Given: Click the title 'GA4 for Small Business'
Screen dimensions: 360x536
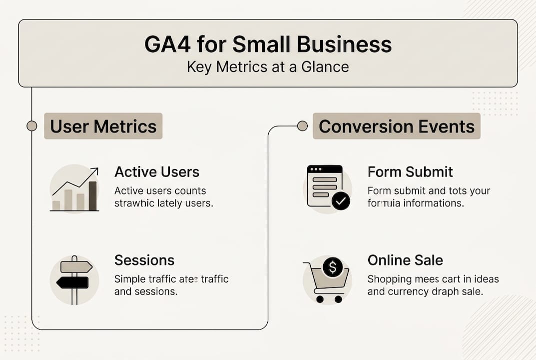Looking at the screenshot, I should pos(268,44).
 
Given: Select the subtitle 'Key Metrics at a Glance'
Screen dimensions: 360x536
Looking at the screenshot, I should pos(268,66).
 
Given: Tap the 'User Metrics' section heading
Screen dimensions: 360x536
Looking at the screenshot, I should pos(103,126).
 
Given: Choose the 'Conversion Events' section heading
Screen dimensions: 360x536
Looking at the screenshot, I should pos(397,126).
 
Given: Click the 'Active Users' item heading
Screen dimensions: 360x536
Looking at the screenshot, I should pos(157,172).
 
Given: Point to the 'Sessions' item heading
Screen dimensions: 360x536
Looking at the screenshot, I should pos(144,260).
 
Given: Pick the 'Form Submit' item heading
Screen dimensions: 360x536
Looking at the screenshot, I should pos(410,172).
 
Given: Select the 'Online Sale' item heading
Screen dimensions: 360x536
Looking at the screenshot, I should pos(405,260).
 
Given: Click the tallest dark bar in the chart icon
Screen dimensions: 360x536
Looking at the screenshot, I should pos(92,195).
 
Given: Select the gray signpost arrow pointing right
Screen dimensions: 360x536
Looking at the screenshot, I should pos(76,267).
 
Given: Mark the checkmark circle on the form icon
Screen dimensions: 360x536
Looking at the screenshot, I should pos(341,201).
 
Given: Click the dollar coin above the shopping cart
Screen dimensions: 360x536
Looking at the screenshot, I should pos(332,266).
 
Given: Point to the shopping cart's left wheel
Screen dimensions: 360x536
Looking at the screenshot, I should pos(320,299).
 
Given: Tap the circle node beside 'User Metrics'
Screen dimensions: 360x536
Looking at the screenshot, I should pos(32,126).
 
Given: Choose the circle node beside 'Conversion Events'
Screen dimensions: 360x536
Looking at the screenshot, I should pos(302,126).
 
